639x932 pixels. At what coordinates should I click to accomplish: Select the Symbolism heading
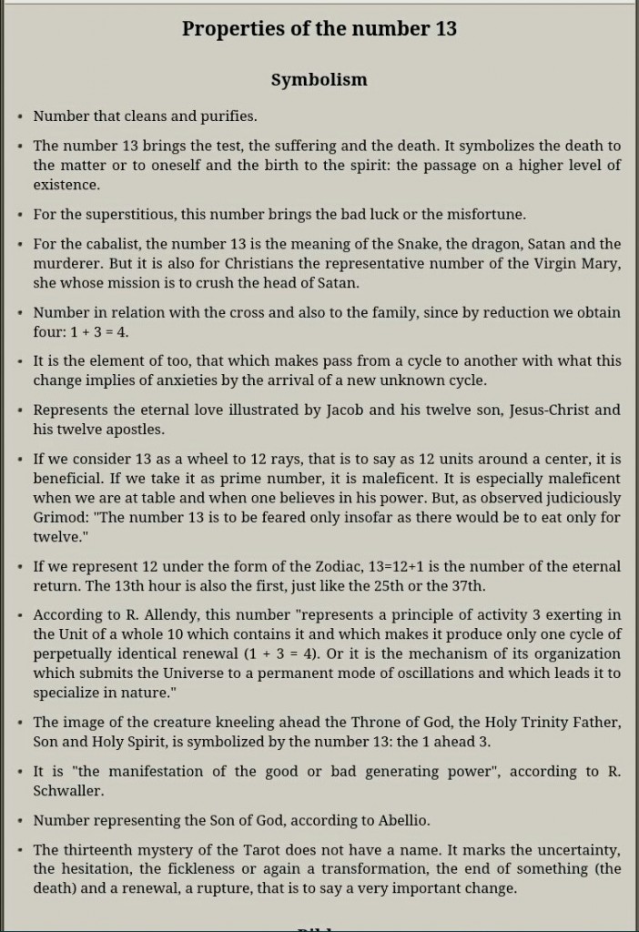pyautogui.click(x=319, y=80)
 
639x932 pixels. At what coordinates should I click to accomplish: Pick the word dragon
pyautogui.click(x=489, y=244)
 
